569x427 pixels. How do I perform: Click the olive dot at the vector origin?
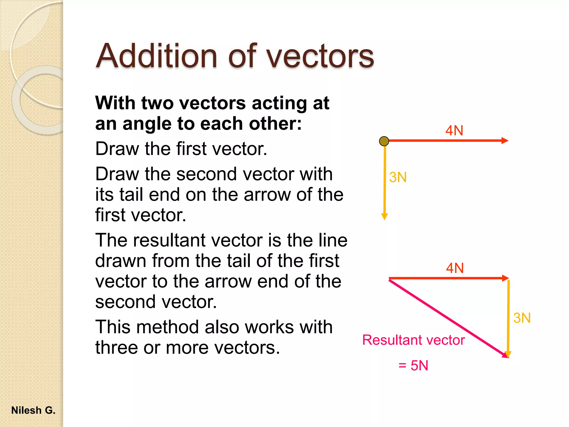384,141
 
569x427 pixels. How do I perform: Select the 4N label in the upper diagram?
454,130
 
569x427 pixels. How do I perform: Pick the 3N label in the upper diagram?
398,177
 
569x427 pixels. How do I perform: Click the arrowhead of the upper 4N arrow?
505,141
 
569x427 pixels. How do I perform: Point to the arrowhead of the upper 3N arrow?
385,216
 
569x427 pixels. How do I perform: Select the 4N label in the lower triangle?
455,268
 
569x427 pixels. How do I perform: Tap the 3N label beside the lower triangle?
522,318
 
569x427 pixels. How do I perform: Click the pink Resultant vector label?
413,340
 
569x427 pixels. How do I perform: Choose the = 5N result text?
413,365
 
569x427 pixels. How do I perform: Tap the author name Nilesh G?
33,410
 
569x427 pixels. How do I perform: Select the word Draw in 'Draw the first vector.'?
117,149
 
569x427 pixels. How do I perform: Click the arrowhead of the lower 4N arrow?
506,278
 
